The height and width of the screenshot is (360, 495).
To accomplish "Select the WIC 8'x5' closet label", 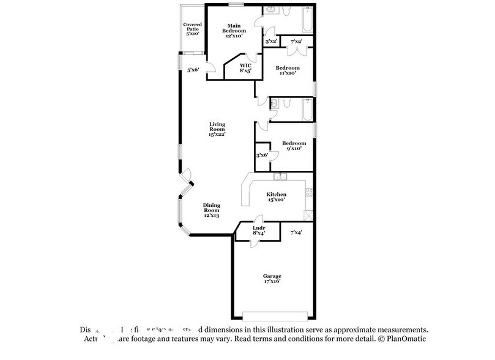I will pos(245,67).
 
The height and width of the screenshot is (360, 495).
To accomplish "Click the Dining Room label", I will pos(212,211).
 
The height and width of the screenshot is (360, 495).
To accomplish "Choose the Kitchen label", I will pos(277,197).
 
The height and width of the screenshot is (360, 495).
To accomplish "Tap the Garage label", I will pos(272,279).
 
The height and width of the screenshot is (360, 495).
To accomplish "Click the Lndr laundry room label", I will pos(258,231).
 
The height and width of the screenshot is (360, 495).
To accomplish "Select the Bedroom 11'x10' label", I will pos(286,70).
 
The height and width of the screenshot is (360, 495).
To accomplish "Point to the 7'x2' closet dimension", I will pos(297,42).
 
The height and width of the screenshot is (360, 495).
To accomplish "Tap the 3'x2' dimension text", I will pos(271,42).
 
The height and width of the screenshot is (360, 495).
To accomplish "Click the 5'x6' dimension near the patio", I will pos(194,70).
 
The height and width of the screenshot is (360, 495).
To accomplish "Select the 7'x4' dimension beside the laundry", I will pos(297,233).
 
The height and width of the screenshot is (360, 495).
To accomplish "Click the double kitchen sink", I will pos(280,177).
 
